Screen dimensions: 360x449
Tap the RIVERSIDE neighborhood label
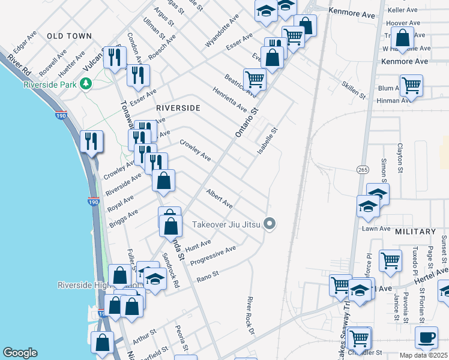click(178, 108)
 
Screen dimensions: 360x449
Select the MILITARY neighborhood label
click(415, 232)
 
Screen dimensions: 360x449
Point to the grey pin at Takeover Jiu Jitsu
click(270, 225)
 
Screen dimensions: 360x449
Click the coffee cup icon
click(427, 337)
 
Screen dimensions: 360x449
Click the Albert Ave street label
click(219, 199)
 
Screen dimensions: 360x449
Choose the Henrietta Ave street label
click(229, 100)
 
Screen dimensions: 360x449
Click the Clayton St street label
click(400, 158)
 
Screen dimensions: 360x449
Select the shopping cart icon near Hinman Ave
click(411, 85)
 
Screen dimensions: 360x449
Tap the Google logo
click(20, 353)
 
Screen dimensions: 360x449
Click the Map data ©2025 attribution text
click(424, 355)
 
